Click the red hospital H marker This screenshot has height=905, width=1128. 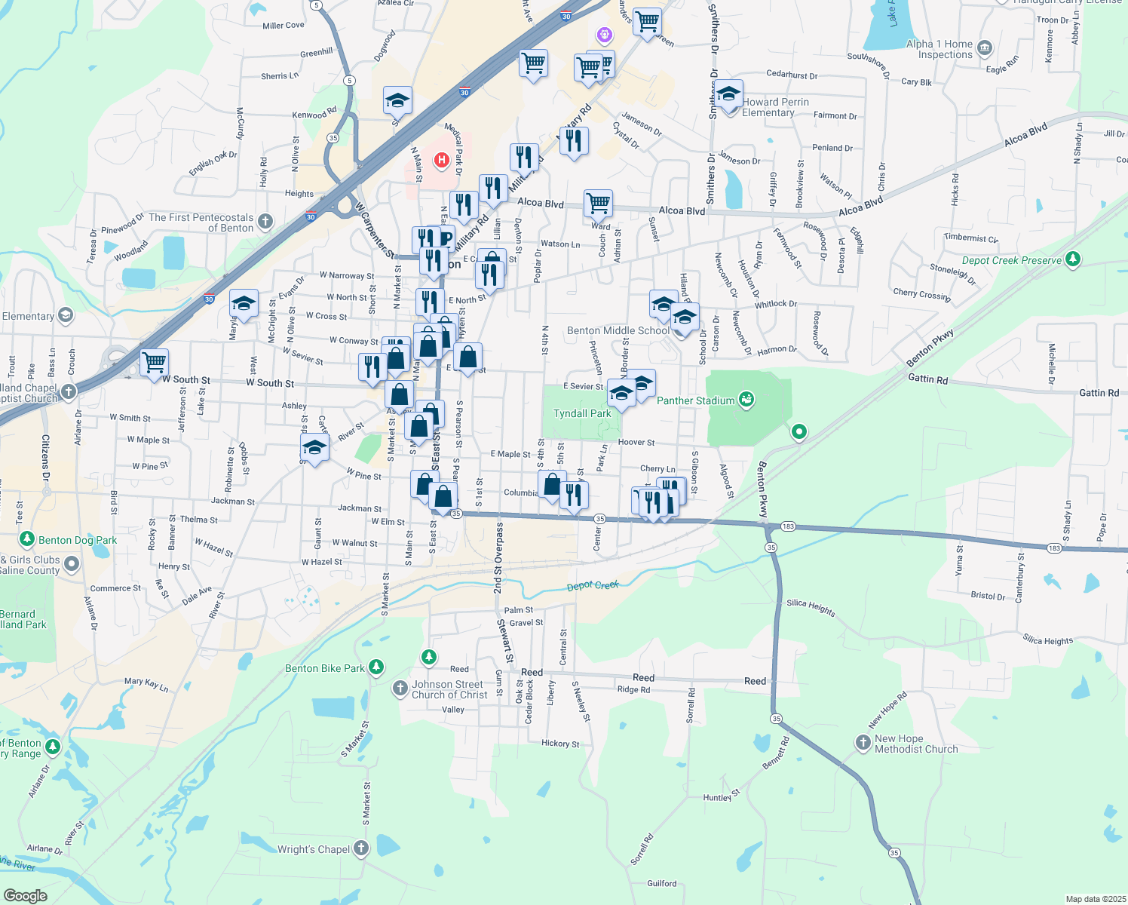[x=441, y=160]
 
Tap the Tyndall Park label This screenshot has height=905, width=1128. [x=582, y=413]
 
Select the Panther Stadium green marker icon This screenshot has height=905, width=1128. [x=746, y=400]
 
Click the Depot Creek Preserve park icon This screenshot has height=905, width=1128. [x=1073, y=259]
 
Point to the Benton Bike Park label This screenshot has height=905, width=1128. [x=325, y=668]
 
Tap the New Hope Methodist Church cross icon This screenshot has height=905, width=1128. [x=863, y=743]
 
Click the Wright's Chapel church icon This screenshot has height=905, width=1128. [x=361, y=848]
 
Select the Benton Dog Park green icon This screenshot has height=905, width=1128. [x=27, y=539]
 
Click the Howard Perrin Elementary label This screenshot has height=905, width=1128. [x=775, y=107]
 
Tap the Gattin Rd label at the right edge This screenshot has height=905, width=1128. [x=1099, y=393]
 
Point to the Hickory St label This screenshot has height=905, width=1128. [x=560, y=744]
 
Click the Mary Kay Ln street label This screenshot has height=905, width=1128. [x=146, y=683]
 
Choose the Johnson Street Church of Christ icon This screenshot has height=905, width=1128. [x=400, y=688]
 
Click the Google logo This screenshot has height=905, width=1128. [x=25, y=895]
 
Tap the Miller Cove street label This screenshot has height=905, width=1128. [x=284, y=26]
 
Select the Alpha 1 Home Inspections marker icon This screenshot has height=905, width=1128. [x=984, y=49]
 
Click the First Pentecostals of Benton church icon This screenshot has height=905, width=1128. [x=265, y=221]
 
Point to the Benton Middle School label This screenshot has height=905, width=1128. [x=618, y=330]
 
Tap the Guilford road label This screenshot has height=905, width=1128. [x=662, y=883]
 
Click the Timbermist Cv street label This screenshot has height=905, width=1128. [x=970, y=238]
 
